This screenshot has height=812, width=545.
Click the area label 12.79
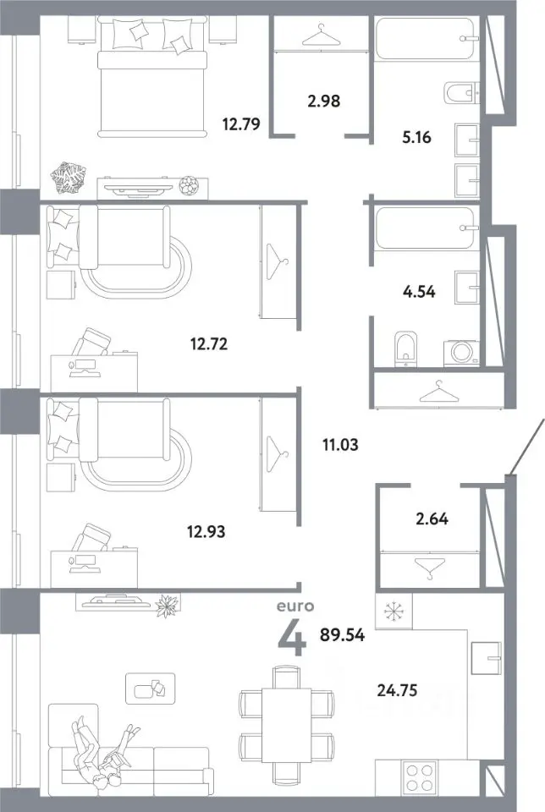pos(241,124)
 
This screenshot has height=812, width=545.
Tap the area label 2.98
pos(324,101)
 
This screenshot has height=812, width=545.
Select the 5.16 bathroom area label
pos(416,137)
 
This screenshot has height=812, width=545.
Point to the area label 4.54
pos(419,292)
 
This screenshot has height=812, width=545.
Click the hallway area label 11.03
pos(340,445)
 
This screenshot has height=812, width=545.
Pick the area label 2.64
pos(432,518)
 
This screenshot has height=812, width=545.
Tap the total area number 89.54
pos(342,635)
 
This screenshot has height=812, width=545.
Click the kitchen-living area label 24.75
pos(398,690)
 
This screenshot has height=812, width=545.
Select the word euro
pos(295,606)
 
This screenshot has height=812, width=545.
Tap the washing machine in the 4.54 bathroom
pos(461,353)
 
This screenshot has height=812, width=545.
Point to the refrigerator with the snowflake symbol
pos(394,612)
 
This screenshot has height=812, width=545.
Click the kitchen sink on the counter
pos(486,658)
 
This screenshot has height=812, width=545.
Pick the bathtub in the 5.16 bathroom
pos(425,39)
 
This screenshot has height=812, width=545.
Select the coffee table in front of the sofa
pos(151,689)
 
